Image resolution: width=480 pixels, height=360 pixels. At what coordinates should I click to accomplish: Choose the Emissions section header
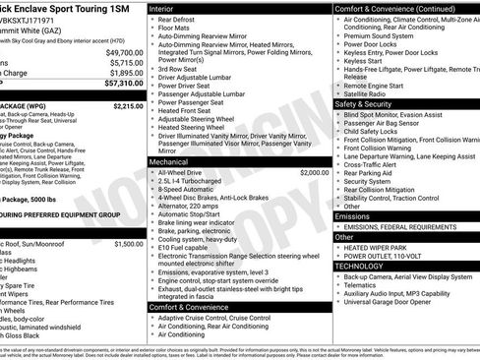351,215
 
